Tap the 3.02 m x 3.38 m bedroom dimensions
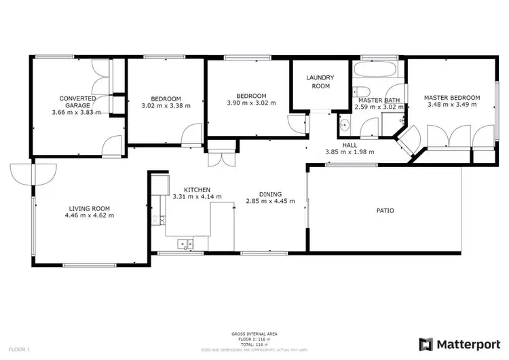coord(166,106)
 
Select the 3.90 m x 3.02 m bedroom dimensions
coord(251,103)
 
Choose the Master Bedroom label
coord(451,98)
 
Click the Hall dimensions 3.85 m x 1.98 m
coord(350,152)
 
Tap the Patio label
coord(385,211)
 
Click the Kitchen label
coord(197,190)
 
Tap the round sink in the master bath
coord(344,124)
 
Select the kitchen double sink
coord(184,242)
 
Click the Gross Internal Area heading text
coord(254,334)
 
